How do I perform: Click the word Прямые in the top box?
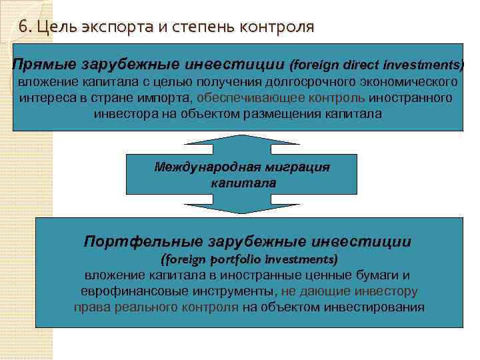coord(45,65)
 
